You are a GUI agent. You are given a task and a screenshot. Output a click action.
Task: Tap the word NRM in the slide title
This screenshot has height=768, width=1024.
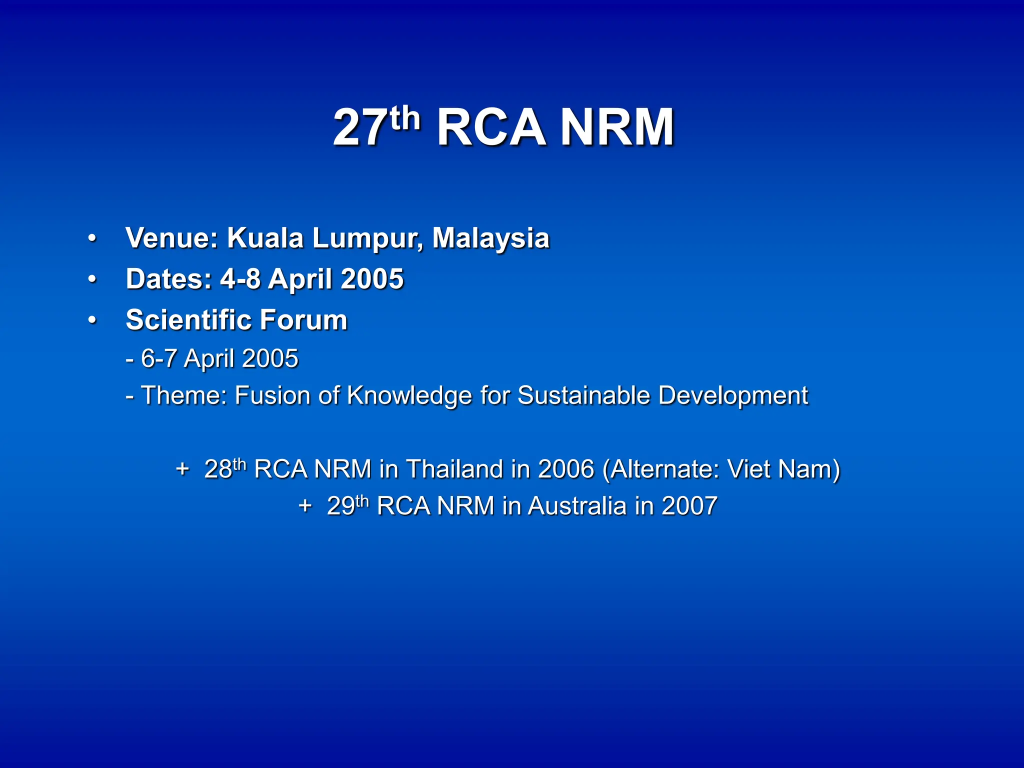617,128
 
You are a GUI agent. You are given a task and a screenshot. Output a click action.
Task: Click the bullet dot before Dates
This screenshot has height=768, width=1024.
91,279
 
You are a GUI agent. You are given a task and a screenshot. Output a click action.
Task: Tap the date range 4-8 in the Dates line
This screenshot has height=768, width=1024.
240,279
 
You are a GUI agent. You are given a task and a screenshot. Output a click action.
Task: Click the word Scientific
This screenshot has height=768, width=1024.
188,320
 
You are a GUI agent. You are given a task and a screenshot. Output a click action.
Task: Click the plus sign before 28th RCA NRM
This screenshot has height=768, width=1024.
182,469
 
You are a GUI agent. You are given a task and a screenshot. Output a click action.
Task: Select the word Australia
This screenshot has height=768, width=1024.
577,506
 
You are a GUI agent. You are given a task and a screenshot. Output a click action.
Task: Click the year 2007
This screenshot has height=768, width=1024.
689,506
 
